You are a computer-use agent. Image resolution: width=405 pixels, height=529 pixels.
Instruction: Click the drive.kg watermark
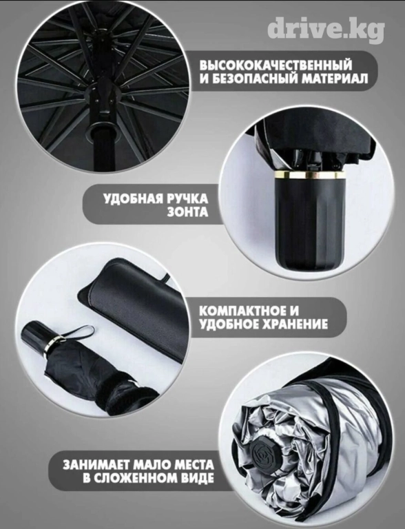[x=326, y=30]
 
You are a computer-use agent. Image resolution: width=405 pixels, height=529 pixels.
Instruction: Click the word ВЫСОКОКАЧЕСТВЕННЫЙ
[x=276, y=64]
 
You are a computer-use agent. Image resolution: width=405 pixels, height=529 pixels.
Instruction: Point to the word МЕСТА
[x=194, y=465]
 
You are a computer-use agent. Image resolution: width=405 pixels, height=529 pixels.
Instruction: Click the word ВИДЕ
[x=198, y=479]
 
